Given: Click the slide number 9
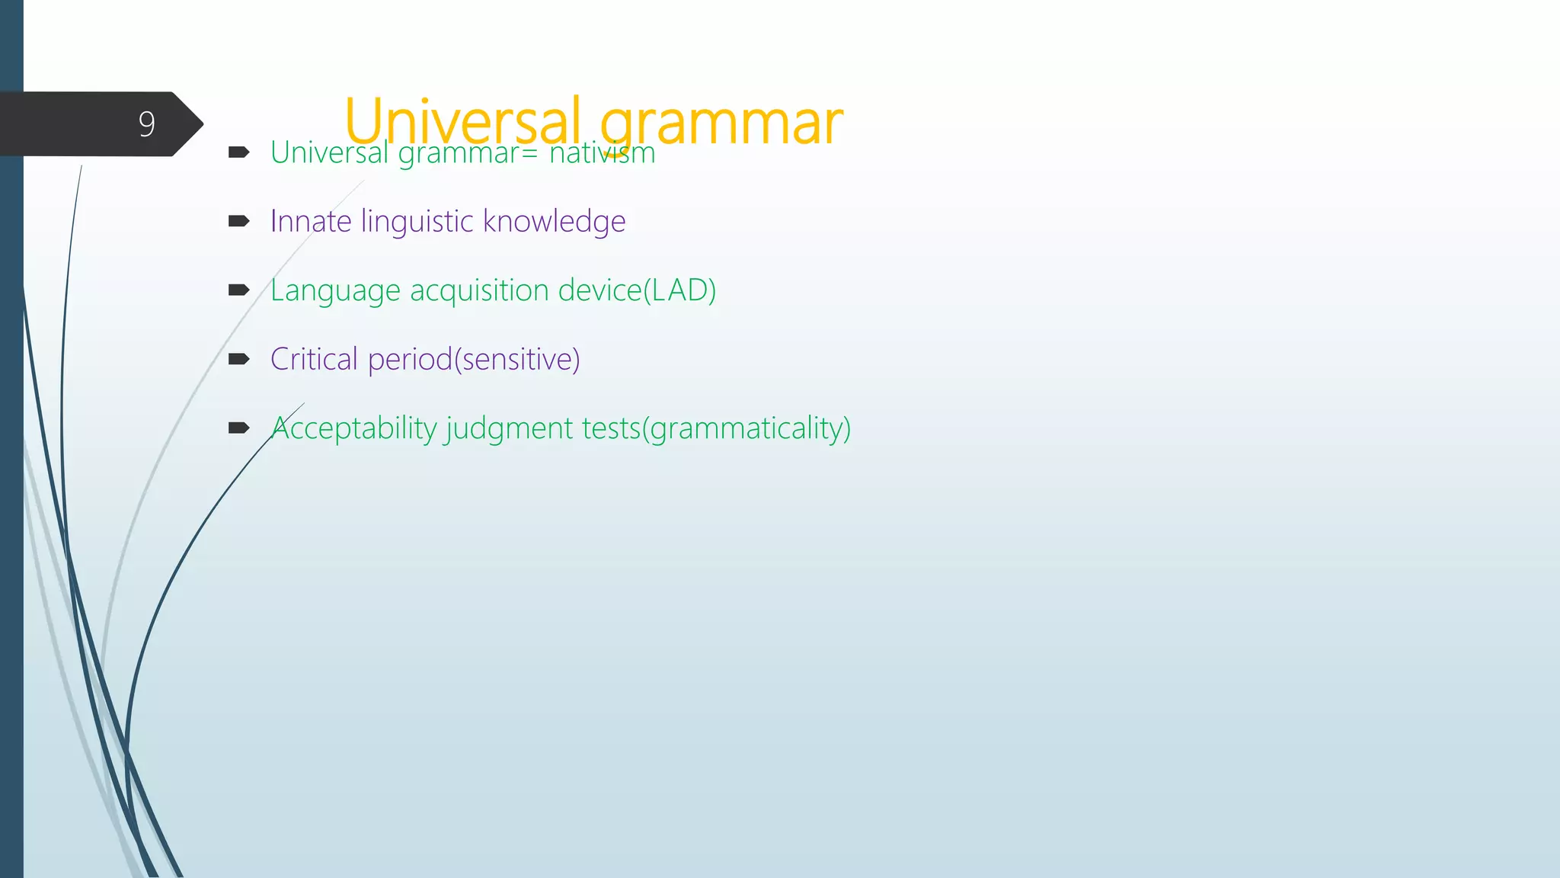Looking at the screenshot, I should point(147,123).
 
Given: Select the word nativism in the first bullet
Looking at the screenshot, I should point(602,153).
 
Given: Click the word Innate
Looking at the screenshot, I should point(311,221).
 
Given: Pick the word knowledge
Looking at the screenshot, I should point(554,222).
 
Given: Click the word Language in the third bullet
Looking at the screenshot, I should point(335,291).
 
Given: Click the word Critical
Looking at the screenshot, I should point(314,359).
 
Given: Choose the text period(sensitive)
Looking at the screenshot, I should point(474,359).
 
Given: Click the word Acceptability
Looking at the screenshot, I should point(354,428).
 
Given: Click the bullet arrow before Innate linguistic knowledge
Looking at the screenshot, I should point(238,221).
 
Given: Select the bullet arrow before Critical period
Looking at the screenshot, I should point(238,359).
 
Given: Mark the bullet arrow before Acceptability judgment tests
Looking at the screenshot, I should point(238,428).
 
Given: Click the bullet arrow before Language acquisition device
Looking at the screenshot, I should point(238,290).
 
